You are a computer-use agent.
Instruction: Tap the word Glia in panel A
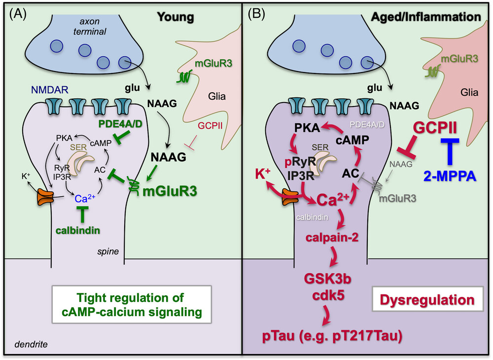click(217, 96)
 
